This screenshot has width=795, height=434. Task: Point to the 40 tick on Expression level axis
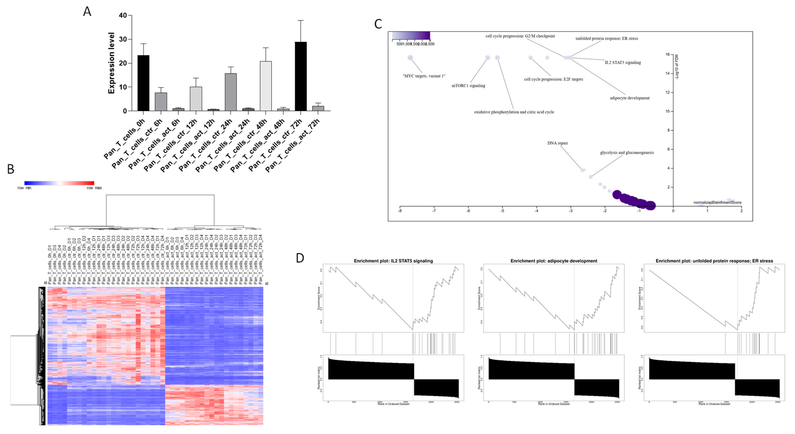click(123, 15)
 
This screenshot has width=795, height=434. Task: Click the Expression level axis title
click(111, 63)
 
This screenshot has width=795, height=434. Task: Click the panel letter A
click(87, 12)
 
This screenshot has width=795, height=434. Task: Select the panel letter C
click(378, 24)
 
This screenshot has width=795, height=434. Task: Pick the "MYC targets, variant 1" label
click(424, 76)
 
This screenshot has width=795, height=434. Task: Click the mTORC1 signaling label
click(468, 86)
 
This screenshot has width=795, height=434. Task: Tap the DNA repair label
click(557, 143)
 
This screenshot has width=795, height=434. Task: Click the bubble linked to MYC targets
click(410, 58)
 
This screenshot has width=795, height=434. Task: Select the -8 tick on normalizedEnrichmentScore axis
click(400, 211)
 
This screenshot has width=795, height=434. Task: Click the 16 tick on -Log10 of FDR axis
click(668, 55)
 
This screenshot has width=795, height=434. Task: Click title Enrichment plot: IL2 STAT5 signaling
click(393, 261)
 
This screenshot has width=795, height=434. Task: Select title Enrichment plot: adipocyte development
click(554, 261)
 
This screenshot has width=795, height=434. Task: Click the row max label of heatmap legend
click(94, 188)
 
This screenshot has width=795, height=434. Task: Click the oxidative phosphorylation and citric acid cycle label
click(514, 112)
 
